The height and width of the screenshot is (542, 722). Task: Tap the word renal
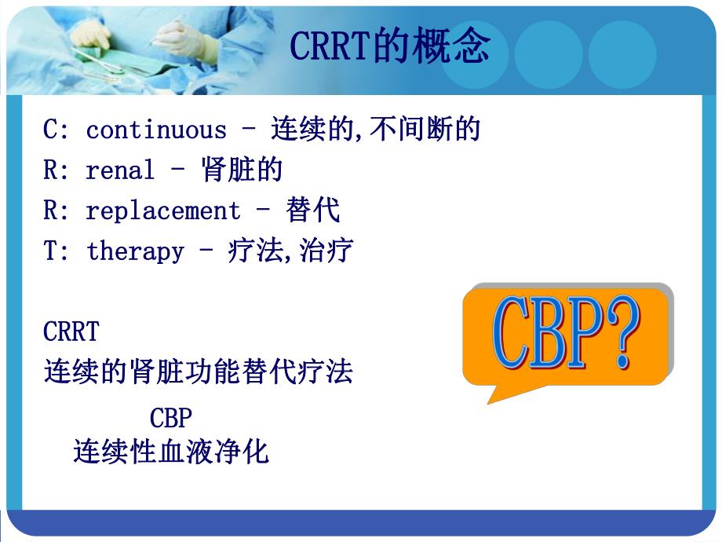pyautogui.click(x=120, y=170)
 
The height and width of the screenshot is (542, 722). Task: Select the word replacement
pyautogui.click(x=163, y=211)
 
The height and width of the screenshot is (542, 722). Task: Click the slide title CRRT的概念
pyautogui.click(x=389, y=47)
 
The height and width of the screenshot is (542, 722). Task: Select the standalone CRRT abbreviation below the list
pyautogui.click(x=71, y=331)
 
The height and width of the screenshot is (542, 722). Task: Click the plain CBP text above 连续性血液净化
pyautogui.click(x=170, y=416)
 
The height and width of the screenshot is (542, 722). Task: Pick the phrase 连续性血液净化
pyautogui.click(x=170, y=452)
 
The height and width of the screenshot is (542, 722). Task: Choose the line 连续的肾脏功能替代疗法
pyautogui.click(x=198, y=371)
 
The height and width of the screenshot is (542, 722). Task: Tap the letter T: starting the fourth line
pyautogui.click(x=55, y=251)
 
